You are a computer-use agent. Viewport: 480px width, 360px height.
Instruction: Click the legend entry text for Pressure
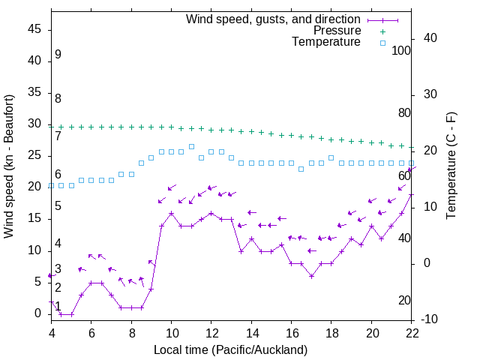337,31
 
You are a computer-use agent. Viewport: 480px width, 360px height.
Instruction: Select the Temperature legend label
326,42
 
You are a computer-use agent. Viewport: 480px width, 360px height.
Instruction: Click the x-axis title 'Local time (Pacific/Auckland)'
231,349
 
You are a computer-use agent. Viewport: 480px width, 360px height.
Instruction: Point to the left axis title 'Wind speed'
9,166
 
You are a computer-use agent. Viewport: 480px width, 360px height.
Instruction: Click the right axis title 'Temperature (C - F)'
451,166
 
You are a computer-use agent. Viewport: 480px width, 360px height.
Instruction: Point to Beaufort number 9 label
58,55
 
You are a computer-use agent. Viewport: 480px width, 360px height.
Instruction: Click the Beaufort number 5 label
58,206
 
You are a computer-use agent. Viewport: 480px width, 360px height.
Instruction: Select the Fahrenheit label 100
401,51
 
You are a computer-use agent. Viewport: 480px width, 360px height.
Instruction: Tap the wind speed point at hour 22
411,195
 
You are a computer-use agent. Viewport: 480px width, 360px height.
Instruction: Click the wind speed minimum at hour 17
311,276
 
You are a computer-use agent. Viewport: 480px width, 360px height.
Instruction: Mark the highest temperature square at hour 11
191,146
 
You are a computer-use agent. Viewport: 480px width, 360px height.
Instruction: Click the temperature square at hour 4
51,185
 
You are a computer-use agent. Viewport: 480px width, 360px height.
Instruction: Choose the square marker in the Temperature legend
382,43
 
